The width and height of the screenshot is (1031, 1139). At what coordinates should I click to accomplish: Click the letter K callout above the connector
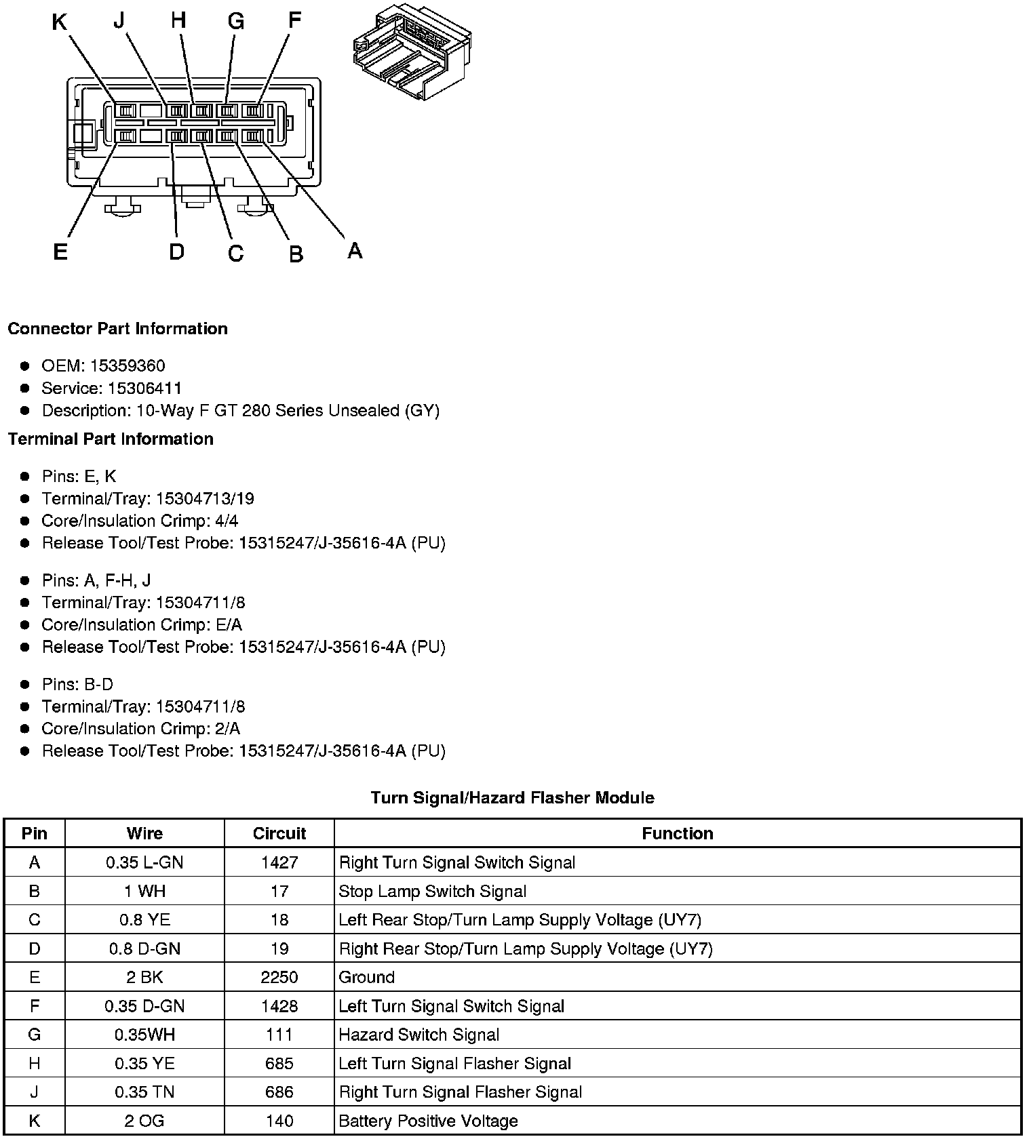tap(60, 23)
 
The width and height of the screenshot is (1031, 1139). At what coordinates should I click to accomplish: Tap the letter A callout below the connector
tap(355, 251)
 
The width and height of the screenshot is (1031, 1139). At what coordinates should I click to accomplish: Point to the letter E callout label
tap(60, 252)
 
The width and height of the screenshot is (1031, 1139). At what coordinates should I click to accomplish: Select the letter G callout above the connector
tap(235, 22)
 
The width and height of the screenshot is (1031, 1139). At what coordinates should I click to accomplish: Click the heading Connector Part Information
tap(117, 329)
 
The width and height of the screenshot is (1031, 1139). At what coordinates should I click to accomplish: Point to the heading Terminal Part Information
tap(111, 439)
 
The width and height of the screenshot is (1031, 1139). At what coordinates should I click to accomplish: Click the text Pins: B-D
tap(77, 684)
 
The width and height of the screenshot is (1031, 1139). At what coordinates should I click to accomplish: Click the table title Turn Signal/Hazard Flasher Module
tap(512, 797)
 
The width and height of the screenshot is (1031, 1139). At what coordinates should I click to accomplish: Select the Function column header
tap(677, 833)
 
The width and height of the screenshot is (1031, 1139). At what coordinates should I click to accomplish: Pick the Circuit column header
tap(279, 833)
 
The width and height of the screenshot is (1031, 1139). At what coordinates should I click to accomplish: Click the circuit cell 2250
tap(279, 977)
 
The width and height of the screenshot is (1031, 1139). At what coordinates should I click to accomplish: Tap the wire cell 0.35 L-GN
tap(144, 862)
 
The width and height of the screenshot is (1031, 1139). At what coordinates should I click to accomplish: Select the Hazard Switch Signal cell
tap(419, 1035)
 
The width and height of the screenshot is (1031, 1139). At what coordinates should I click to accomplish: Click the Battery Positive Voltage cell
tap(428, 1121)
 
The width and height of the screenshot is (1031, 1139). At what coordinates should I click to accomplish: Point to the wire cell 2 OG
tap(144, 1121)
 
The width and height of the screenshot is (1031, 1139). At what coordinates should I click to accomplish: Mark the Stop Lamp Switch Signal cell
tap(432, 891)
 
